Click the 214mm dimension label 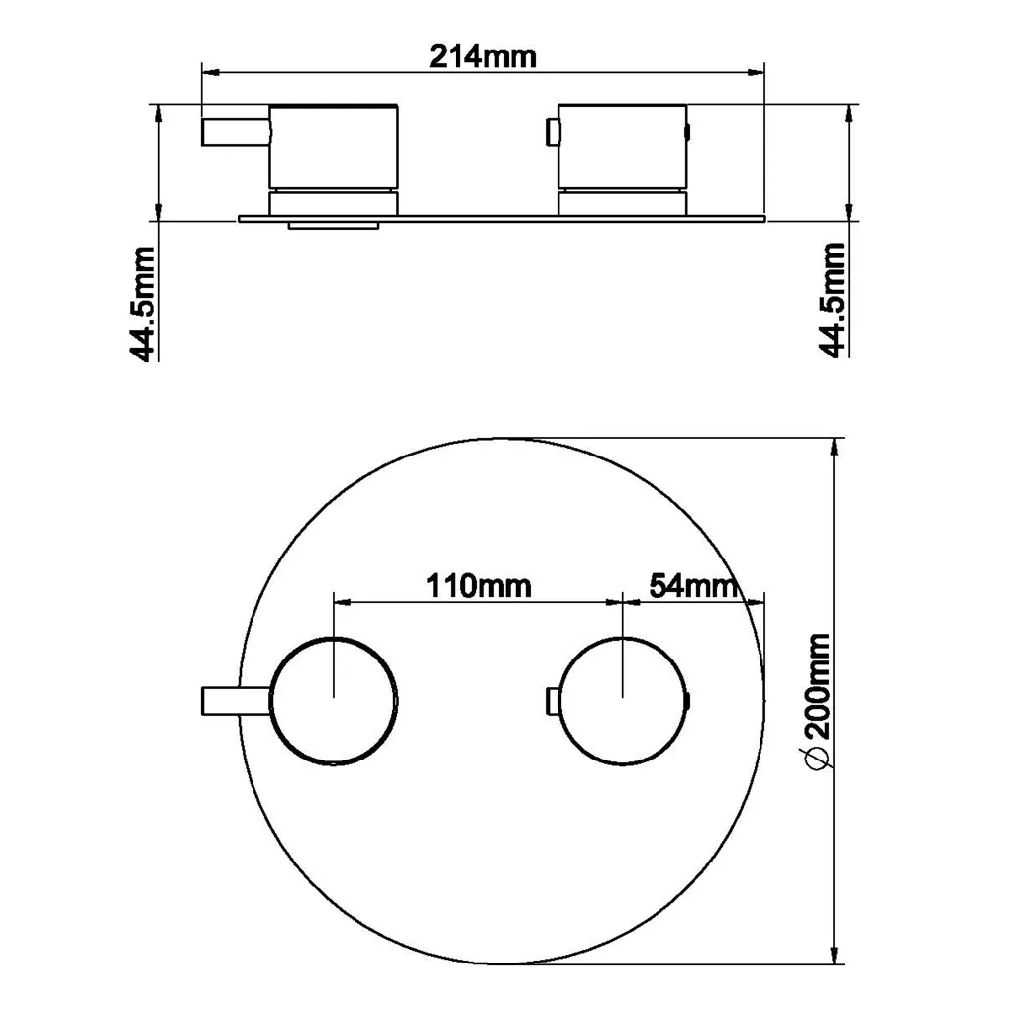point(482,56)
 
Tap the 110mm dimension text point(478,586)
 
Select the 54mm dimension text point(693,586)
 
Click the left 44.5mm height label point(143,303)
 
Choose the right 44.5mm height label point(832,299)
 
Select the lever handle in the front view point(237,701)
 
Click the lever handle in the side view point(236,132)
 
